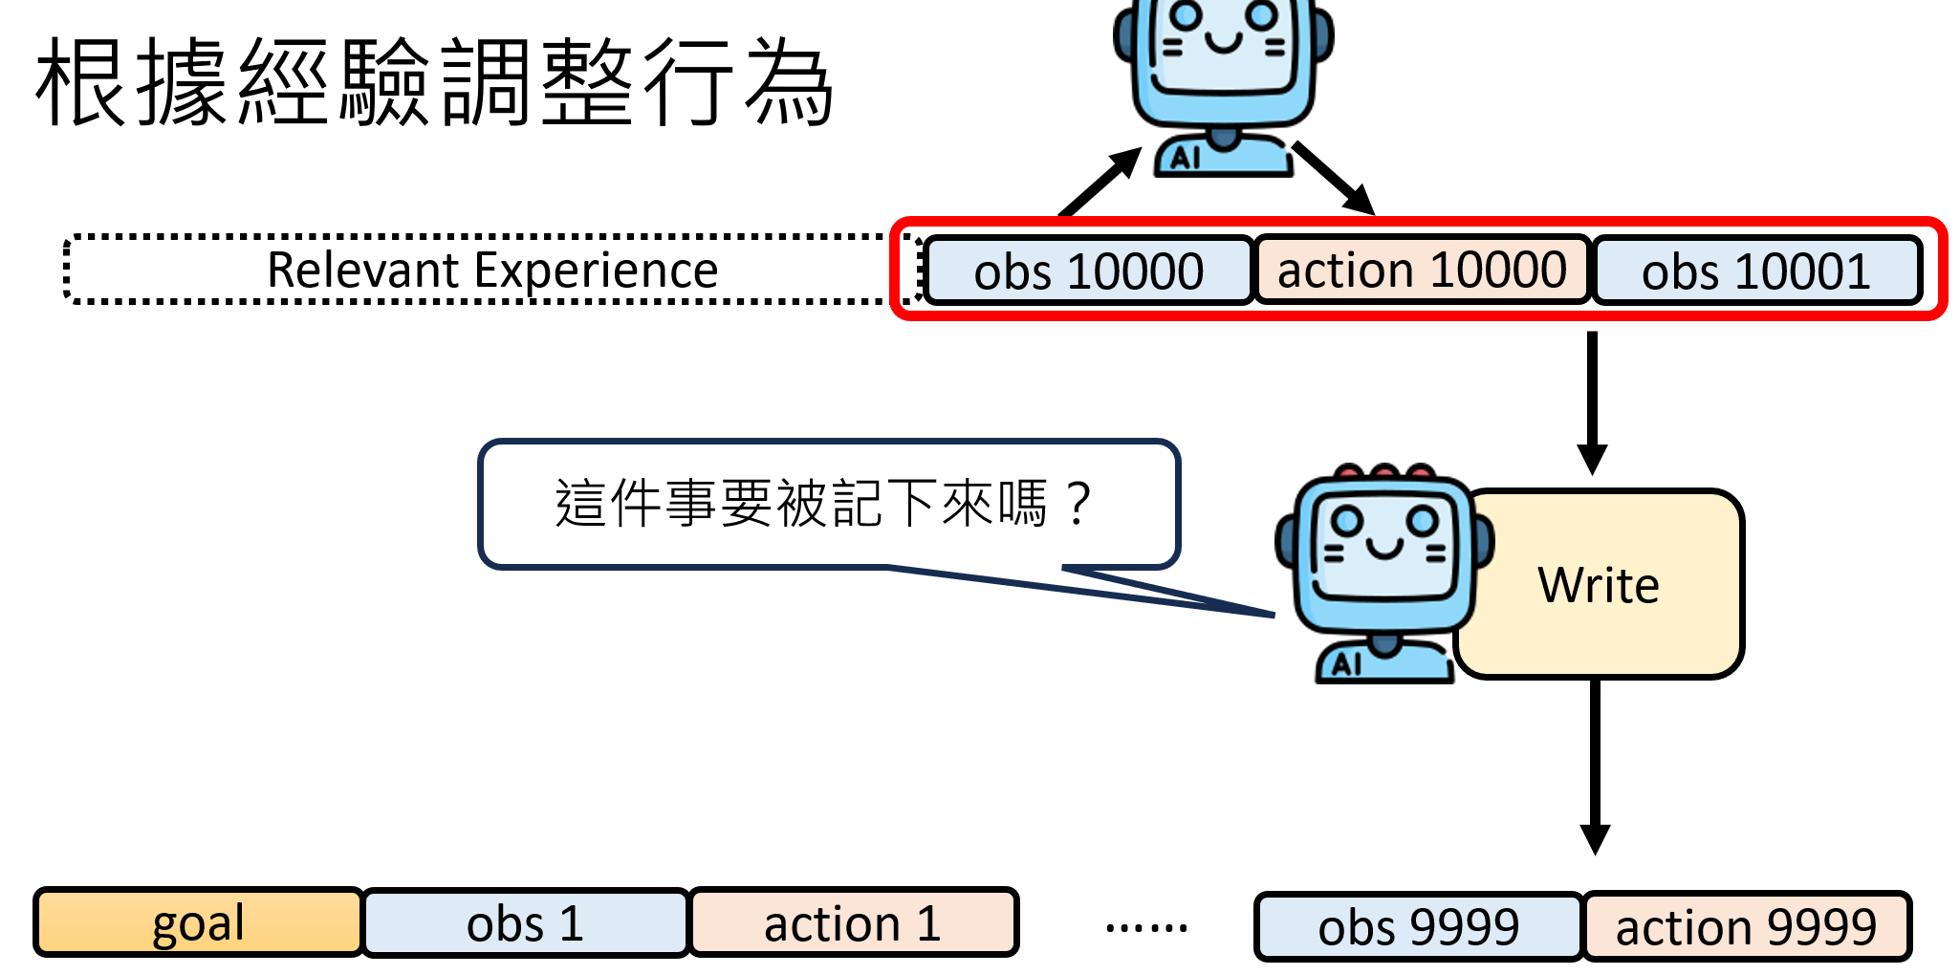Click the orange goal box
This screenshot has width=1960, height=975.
[198, 922]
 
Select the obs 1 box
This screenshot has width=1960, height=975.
[525, 923]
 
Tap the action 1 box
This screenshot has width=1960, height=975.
[853, 923]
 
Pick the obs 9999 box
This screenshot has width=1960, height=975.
[1418, 926]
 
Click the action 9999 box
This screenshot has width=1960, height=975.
[1746, 926]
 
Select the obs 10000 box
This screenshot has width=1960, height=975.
[1088, 271]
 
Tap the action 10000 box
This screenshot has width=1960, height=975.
[1422, 271]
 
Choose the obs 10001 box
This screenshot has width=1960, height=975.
[1755, 271]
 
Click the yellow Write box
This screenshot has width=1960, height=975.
[1625, 584]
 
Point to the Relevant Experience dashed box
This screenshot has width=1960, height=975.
[491, 270]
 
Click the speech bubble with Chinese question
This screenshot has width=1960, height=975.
[827, 504]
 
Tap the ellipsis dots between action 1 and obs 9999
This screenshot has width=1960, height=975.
[1145, 926]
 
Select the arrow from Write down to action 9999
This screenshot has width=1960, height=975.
[1594, 765]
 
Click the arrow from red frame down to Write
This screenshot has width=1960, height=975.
[1592, 401]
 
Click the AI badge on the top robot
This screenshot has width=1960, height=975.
[1186, 158]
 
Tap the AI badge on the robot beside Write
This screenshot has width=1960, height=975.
[1347, 663]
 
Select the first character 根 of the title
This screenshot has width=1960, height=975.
[81, 82]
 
